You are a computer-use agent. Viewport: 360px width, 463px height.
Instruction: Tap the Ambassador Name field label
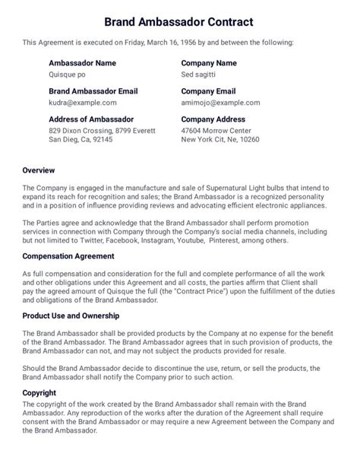pos(82,63)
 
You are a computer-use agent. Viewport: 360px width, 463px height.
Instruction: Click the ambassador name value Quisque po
pos(68,75)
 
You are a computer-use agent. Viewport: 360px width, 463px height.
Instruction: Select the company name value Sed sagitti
pos(200,75)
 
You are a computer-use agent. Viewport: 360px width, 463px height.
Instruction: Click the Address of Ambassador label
pos(91,119)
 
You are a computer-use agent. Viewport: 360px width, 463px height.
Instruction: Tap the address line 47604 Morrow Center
pos(216,130)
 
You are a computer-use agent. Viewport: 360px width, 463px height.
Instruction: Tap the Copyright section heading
pos(41,392)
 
